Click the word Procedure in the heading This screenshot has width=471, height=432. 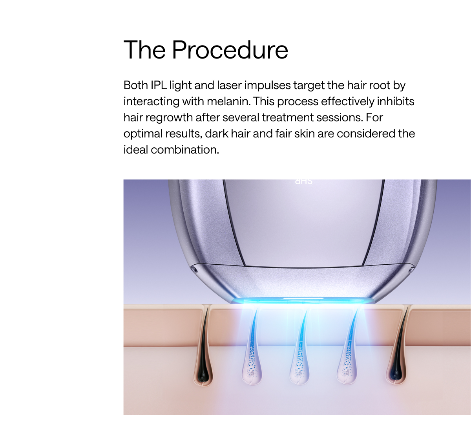(230, 50)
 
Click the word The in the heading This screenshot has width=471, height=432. (144, 50)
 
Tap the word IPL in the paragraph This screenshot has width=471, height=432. (159, 85)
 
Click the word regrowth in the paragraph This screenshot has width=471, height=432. (169, 117)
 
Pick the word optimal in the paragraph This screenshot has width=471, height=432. (143, 134)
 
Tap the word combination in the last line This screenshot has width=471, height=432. (185, 150)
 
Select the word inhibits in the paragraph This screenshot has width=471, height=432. (395, 101)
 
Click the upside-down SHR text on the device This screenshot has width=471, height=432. (303, 181)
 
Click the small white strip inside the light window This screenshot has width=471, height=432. (303, 298)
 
